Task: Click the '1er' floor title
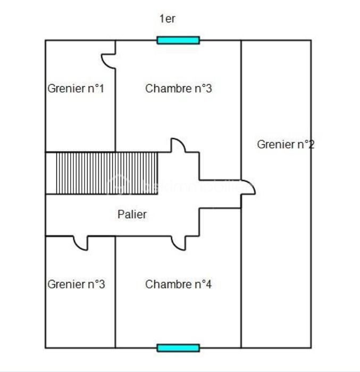pyautogui.click(x=168, y=19)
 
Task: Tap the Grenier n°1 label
pyautogui.click(x=76, y=88)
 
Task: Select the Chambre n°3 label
pyautogui.click(x=178, y=88)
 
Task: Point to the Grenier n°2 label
pyautogui.click(x=286, y=144)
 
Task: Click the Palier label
pyautogui.click(x=132, y=214)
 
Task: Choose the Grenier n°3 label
pyautogui.click(x=76, y=284)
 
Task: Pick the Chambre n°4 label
pyautogui.click(x=178, y=284)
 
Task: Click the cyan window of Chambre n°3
pyautogui.click(x=178, y=40)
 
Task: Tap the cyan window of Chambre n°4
pyautogui.click(x=178, y=348)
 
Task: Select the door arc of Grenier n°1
pyautogui.click(x=109, y=62)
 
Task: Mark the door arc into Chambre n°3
pyautogui.click(x=178, y=145)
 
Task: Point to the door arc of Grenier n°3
pyautogui.click(x=80, y=244)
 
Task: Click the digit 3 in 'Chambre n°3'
pyautogui.click(x=208, y=88)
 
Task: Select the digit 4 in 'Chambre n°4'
pyautogui.click(x=208, y=284)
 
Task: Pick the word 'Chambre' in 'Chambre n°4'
pyautogui.click(x=164, y=284)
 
